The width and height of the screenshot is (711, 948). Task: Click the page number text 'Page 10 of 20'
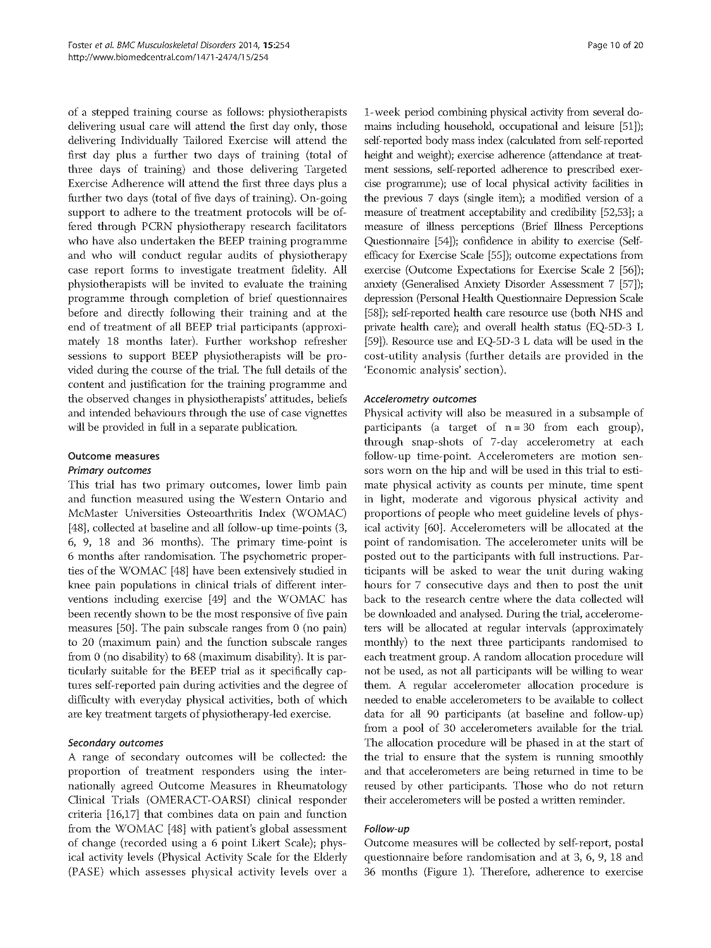tap(615, 46)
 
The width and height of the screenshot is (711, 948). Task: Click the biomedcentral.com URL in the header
tap(168, 57)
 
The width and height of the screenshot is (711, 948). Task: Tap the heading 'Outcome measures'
tap(113, 456)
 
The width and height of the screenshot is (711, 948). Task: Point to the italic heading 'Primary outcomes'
tap(110, 470)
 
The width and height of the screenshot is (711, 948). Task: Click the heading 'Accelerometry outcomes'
tap(420, 399)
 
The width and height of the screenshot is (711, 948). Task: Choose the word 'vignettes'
tap(326, 413)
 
